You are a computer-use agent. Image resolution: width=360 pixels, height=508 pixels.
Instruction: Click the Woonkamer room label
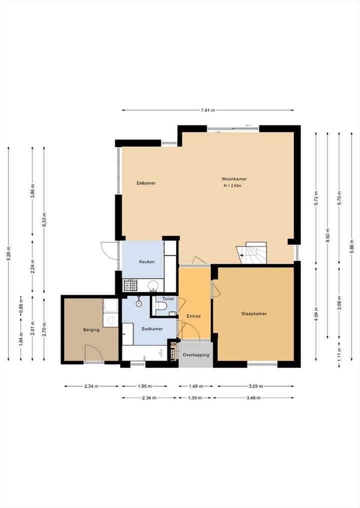(234, 179)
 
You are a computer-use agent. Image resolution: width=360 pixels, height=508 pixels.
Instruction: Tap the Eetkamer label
(146, 183)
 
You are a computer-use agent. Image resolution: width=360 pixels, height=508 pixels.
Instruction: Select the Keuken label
(146, 262)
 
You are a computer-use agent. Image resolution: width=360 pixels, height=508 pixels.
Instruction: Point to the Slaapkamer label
(254, 314)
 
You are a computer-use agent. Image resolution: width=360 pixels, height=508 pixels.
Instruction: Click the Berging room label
(91, 330)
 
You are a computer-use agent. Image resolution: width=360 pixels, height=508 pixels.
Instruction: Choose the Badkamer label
(152, 329)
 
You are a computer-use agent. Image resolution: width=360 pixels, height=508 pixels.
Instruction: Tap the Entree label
(193, 316)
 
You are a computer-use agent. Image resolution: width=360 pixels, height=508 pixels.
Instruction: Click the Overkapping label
(196, 355)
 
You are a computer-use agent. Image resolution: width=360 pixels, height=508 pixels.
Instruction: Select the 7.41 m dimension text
(207, 110)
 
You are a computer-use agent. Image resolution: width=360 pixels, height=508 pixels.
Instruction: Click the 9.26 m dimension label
(8, 254)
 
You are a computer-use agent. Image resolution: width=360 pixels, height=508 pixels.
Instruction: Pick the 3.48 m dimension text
(253, 398)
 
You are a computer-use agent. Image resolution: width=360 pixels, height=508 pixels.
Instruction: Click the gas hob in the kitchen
(130, 285)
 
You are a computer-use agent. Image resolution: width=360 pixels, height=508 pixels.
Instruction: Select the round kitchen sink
(153, 286)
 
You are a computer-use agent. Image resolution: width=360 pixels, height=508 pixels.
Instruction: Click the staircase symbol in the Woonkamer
(251, 253)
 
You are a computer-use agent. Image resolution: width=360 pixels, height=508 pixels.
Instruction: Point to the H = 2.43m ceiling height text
(232, 186)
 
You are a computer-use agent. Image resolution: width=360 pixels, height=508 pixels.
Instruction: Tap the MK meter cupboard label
(174, 345)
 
